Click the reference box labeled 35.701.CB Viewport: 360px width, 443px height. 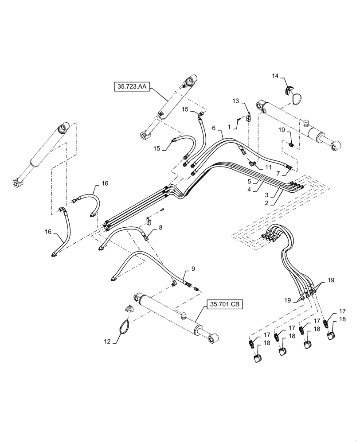[x=224, y=304]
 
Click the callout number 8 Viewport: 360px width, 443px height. [x=160, y=227]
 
